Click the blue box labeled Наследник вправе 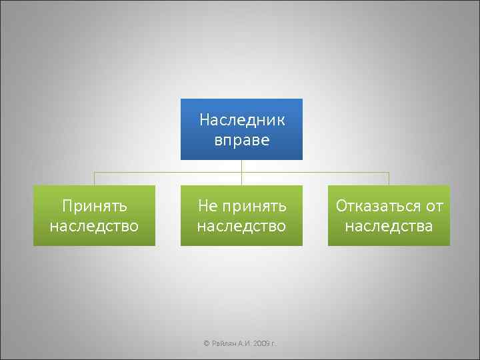click(x=241, y=129)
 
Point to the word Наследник click(x=242, y=120)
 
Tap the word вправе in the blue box click(x=242, y=140)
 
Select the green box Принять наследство click(x=94, y=215)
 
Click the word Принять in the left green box click(x=94, y=205)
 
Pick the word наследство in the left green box click(x=94, y=226)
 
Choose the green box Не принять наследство click(x=241, y=215)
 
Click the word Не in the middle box click(x=207, y=205)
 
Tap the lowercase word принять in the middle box click(x=254, y=205)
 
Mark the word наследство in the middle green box click(x=241, y=226)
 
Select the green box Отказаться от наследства click(x=389, y=215)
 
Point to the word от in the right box click(x=434, y=205)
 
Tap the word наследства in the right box click(x=389, y=226)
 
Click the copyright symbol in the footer click(x=206, y=343)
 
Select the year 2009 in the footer click(x=260, y=343)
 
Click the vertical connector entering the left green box click(x=94, y=179)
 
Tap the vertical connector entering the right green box click(x=389, y=179)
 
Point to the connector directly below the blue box click(x=241, y=166)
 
